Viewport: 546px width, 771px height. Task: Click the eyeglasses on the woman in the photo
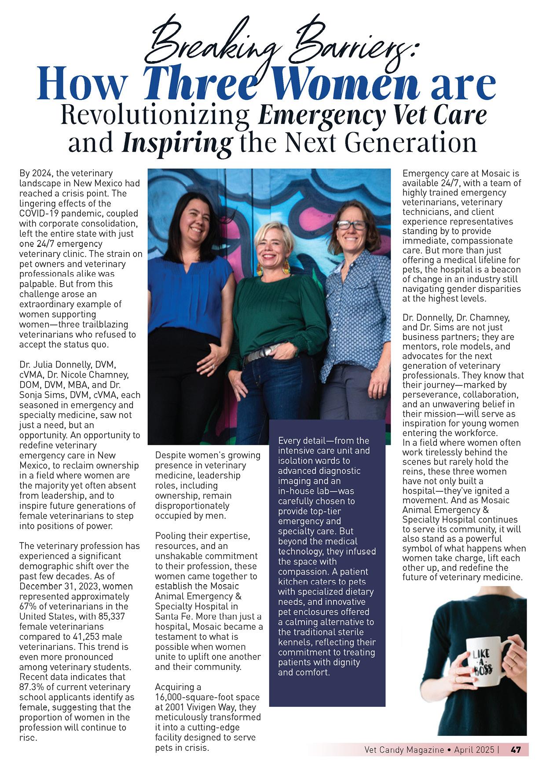pyautogui.click(x=352, y=225)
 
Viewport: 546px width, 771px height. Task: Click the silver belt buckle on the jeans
pyautogui.click(x=264, y=349)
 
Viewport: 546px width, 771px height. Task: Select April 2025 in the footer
pyautogui.click(x=474, y=750)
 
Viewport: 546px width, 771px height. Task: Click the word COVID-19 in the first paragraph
pyautogui.click(x=40, y=213)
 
